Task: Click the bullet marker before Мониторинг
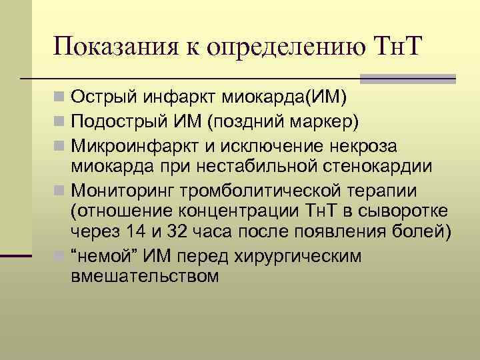tap(60, 191)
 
